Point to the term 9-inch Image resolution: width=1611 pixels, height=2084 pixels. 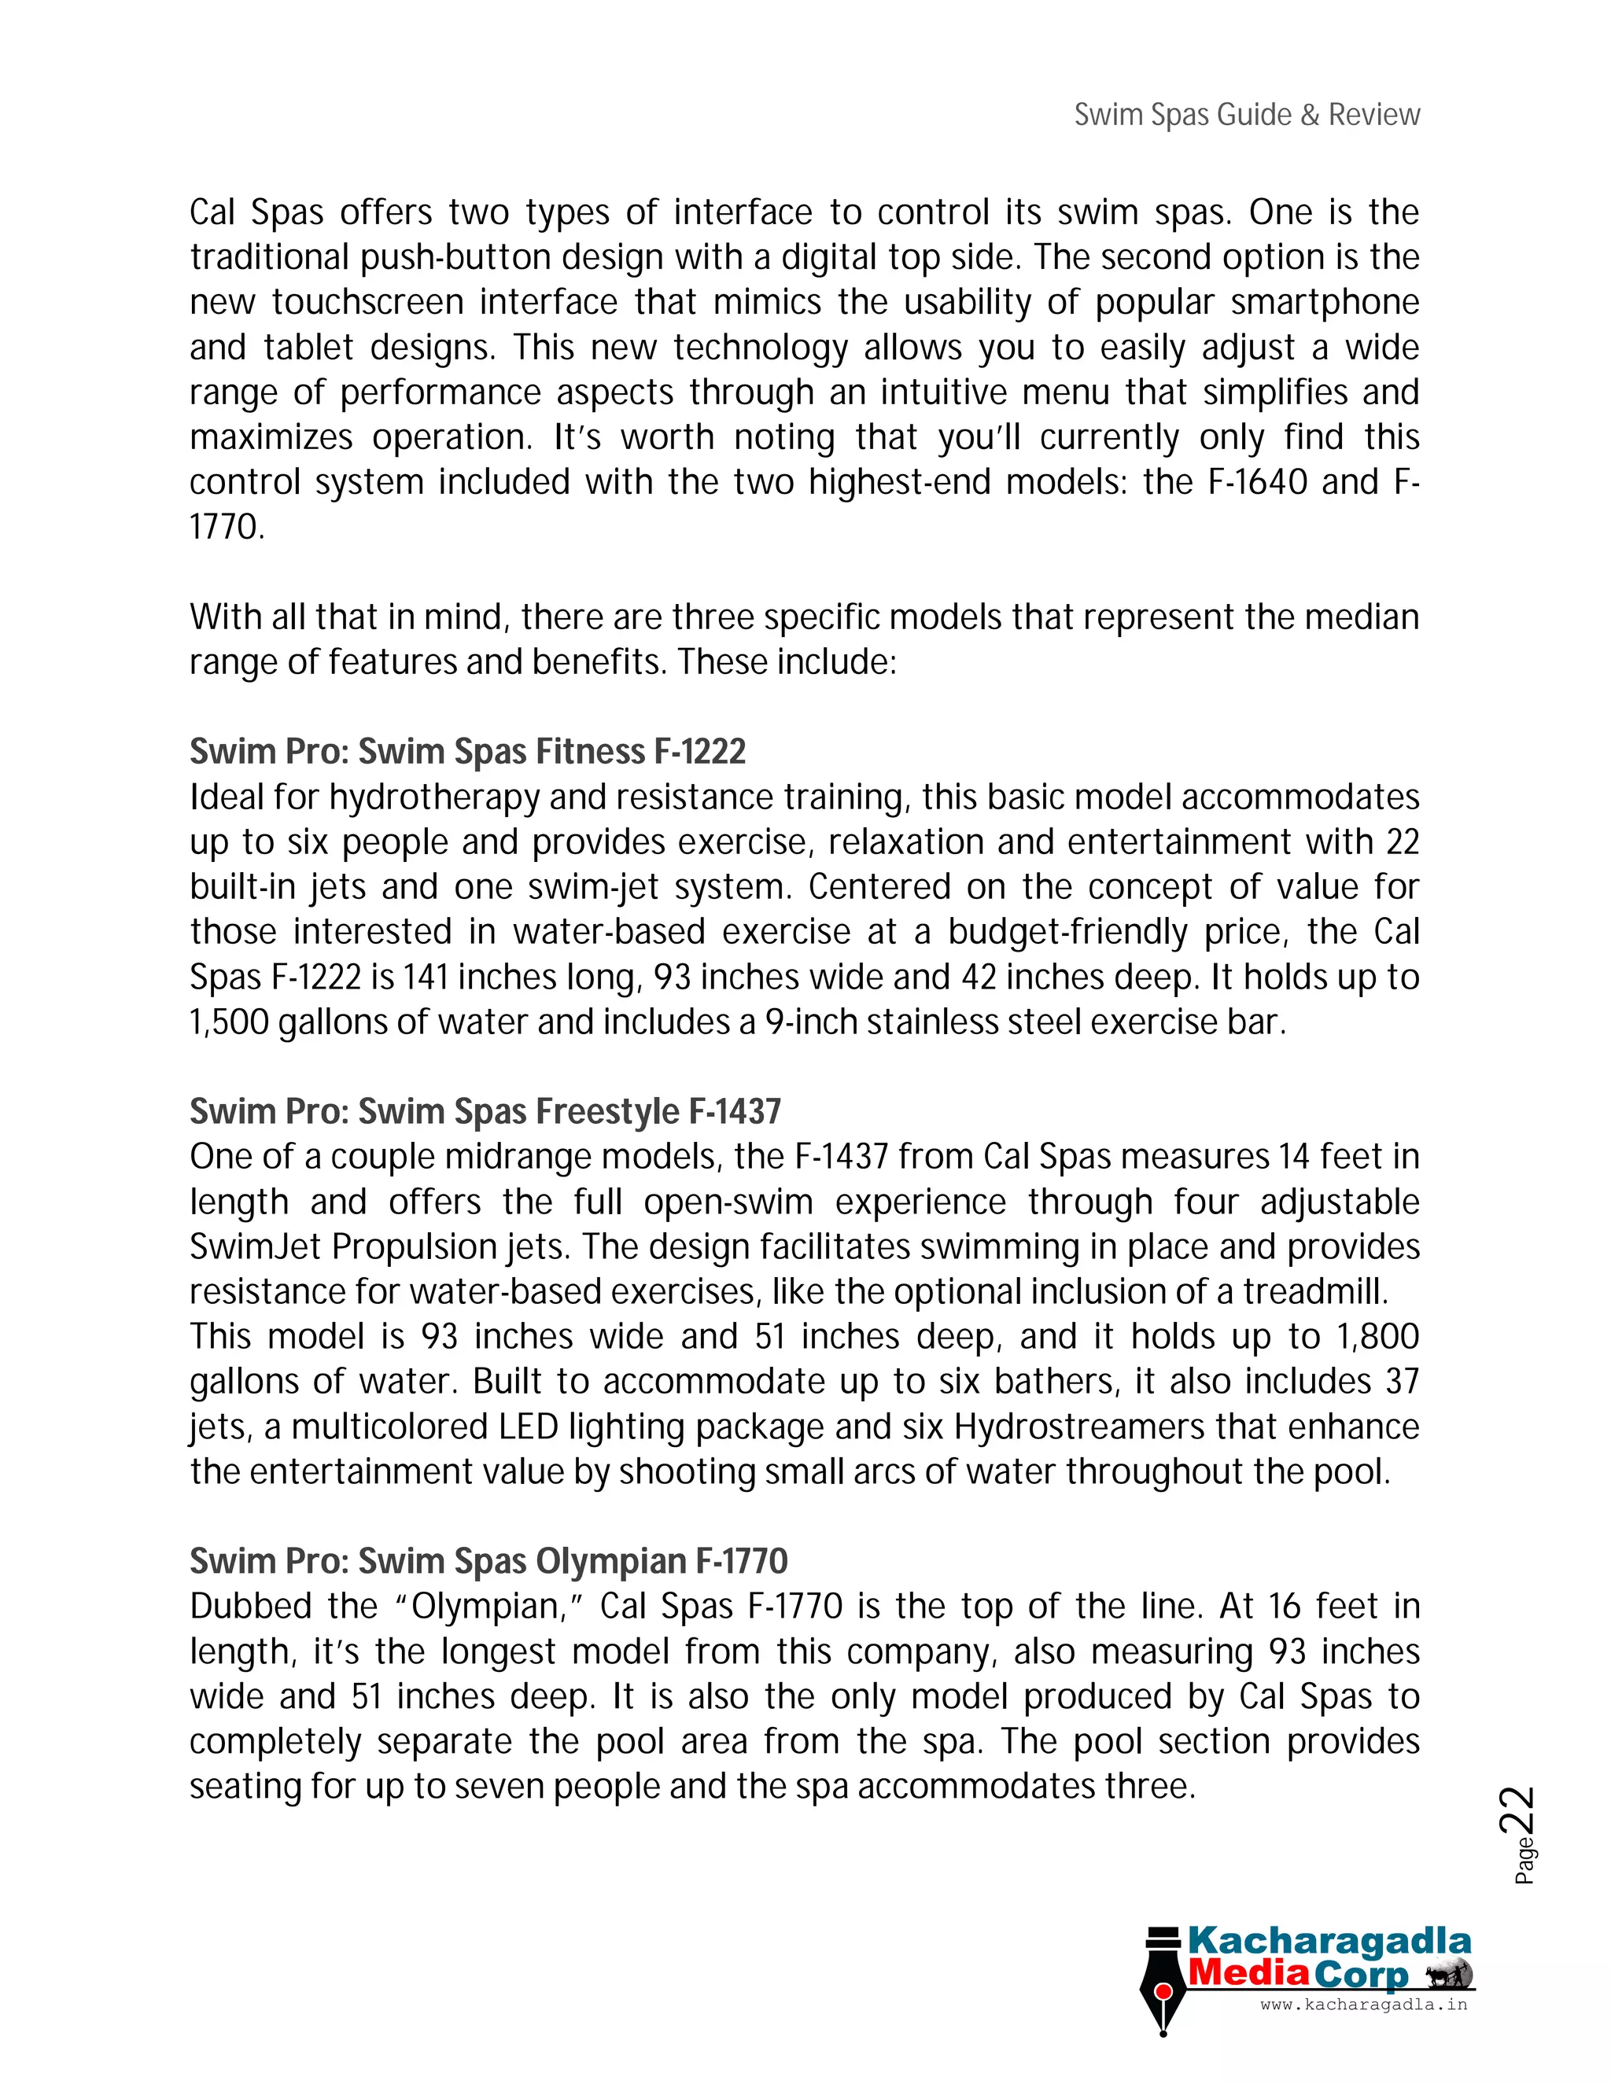(811, 1023)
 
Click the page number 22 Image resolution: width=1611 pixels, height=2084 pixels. (1518, 1810)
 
